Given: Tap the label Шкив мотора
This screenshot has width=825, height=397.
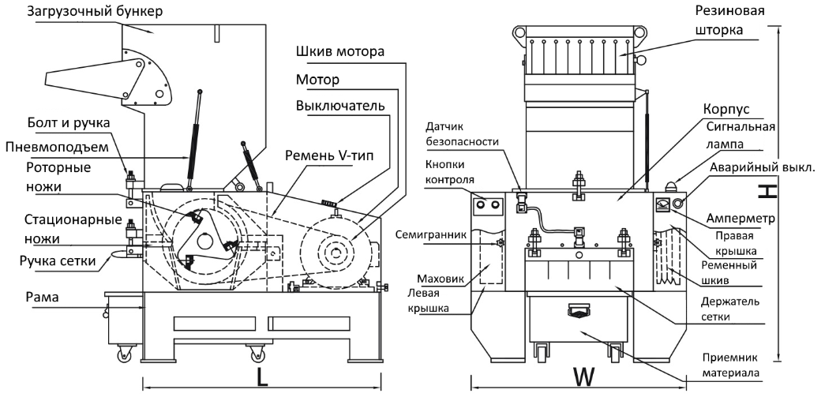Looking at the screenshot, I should point(341,54).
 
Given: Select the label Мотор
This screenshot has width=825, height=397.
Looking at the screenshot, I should point(317,81).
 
